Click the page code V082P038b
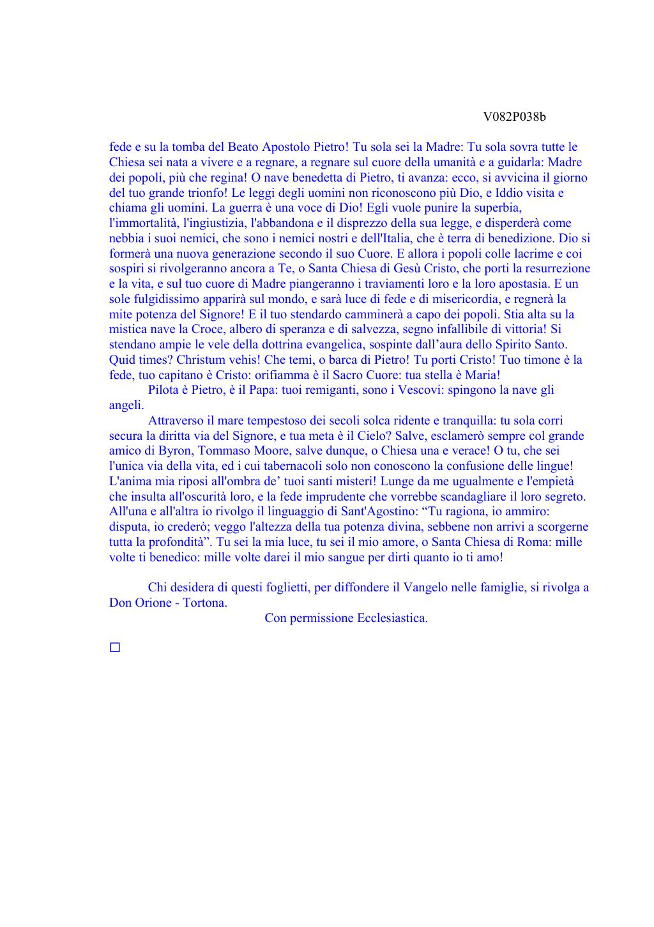click(x=514, y=116)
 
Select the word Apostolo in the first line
click(x=286, y=147)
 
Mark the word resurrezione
click(x=549, y=269)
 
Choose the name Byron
click(x=174, y=451)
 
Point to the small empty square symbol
click(x=115, y=648)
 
